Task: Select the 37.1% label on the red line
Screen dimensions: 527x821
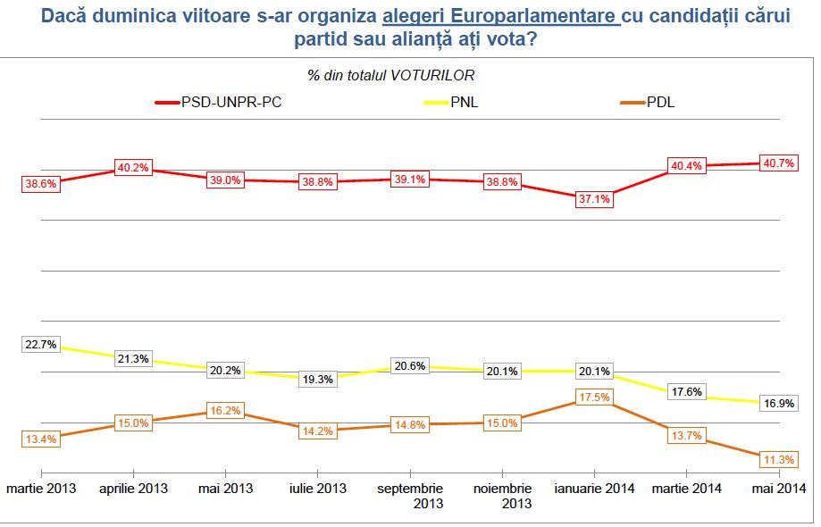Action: (x=593, y=199)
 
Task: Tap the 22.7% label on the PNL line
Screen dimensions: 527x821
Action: (x=40, y=342)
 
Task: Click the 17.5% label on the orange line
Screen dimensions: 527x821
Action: (x=593, y=397)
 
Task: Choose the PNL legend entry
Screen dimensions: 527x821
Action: (x=464, y=103)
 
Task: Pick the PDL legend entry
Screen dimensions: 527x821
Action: (x=659, y=103)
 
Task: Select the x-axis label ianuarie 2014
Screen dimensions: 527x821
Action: (x=593, y=489)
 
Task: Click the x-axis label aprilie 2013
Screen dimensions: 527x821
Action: (x=133, y=489)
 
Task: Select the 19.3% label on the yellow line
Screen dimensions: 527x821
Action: (x=317, y=378)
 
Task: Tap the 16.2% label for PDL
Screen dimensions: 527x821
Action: (x=225, y=412)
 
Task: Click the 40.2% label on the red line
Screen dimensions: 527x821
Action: (x=133, y=167)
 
